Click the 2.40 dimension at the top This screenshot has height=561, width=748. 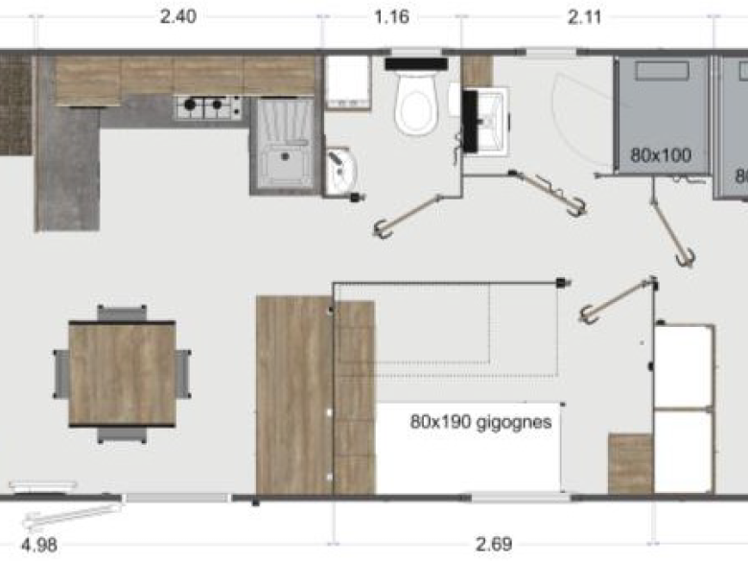[x=179, y=16]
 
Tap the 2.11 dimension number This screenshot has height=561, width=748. [x=587, y=16]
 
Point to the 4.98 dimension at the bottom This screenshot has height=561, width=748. [x=37, y=545]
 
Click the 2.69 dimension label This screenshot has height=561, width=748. [x=494, y=545]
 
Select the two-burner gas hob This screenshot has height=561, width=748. [x=207, y=107]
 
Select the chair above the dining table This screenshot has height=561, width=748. [x=122, y=313]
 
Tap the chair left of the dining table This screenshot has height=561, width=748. [x=60, y=374]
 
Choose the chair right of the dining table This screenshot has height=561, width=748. [x=183, y=374]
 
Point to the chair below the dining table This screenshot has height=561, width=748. [x=122, y=434]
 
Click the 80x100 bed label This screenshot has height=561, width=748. [x=661, y=152]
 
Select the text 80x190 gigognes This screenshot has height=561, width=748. [x=480, y=421]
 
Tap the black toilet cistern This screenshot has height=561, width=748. [x=417, y=63]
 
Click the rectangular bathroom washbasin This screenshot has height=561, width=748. [x=488, y=120]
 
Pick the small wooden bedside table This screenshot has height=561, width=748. [x=630, y=464]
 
